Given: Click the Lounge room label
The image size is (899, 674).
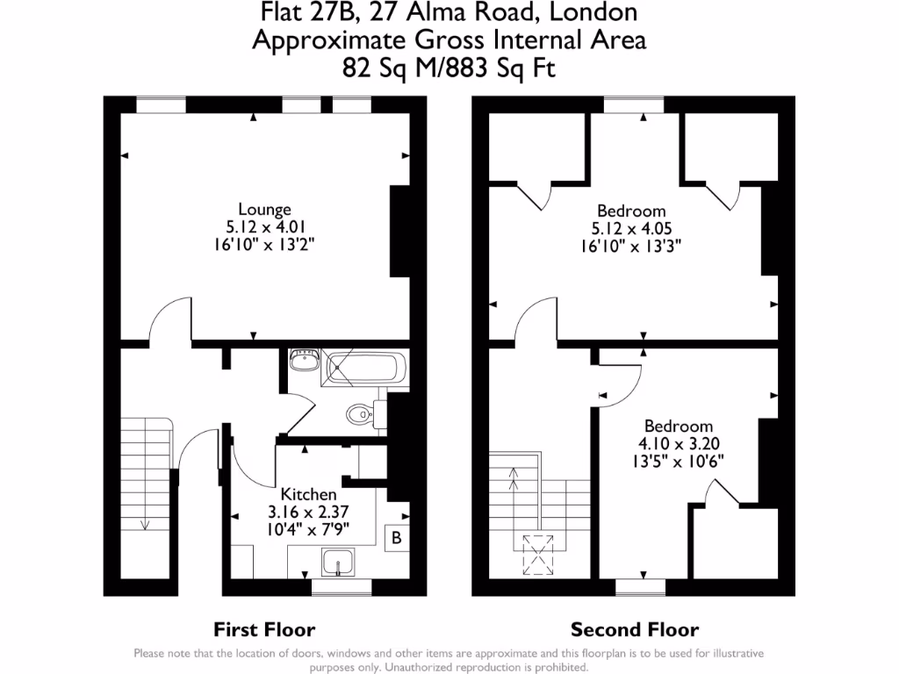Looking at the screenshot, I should (264, 210).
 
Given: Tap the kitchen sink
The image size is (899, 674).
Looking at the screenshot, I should (338, 562).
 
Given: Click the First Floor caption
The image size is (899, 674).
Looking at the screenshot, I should (264, 629).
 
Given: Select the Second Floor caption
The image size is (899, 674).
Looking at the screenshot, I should (635, 629).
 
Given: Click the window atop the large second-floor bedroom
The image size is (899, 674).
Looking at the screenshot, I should (634, 105).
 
